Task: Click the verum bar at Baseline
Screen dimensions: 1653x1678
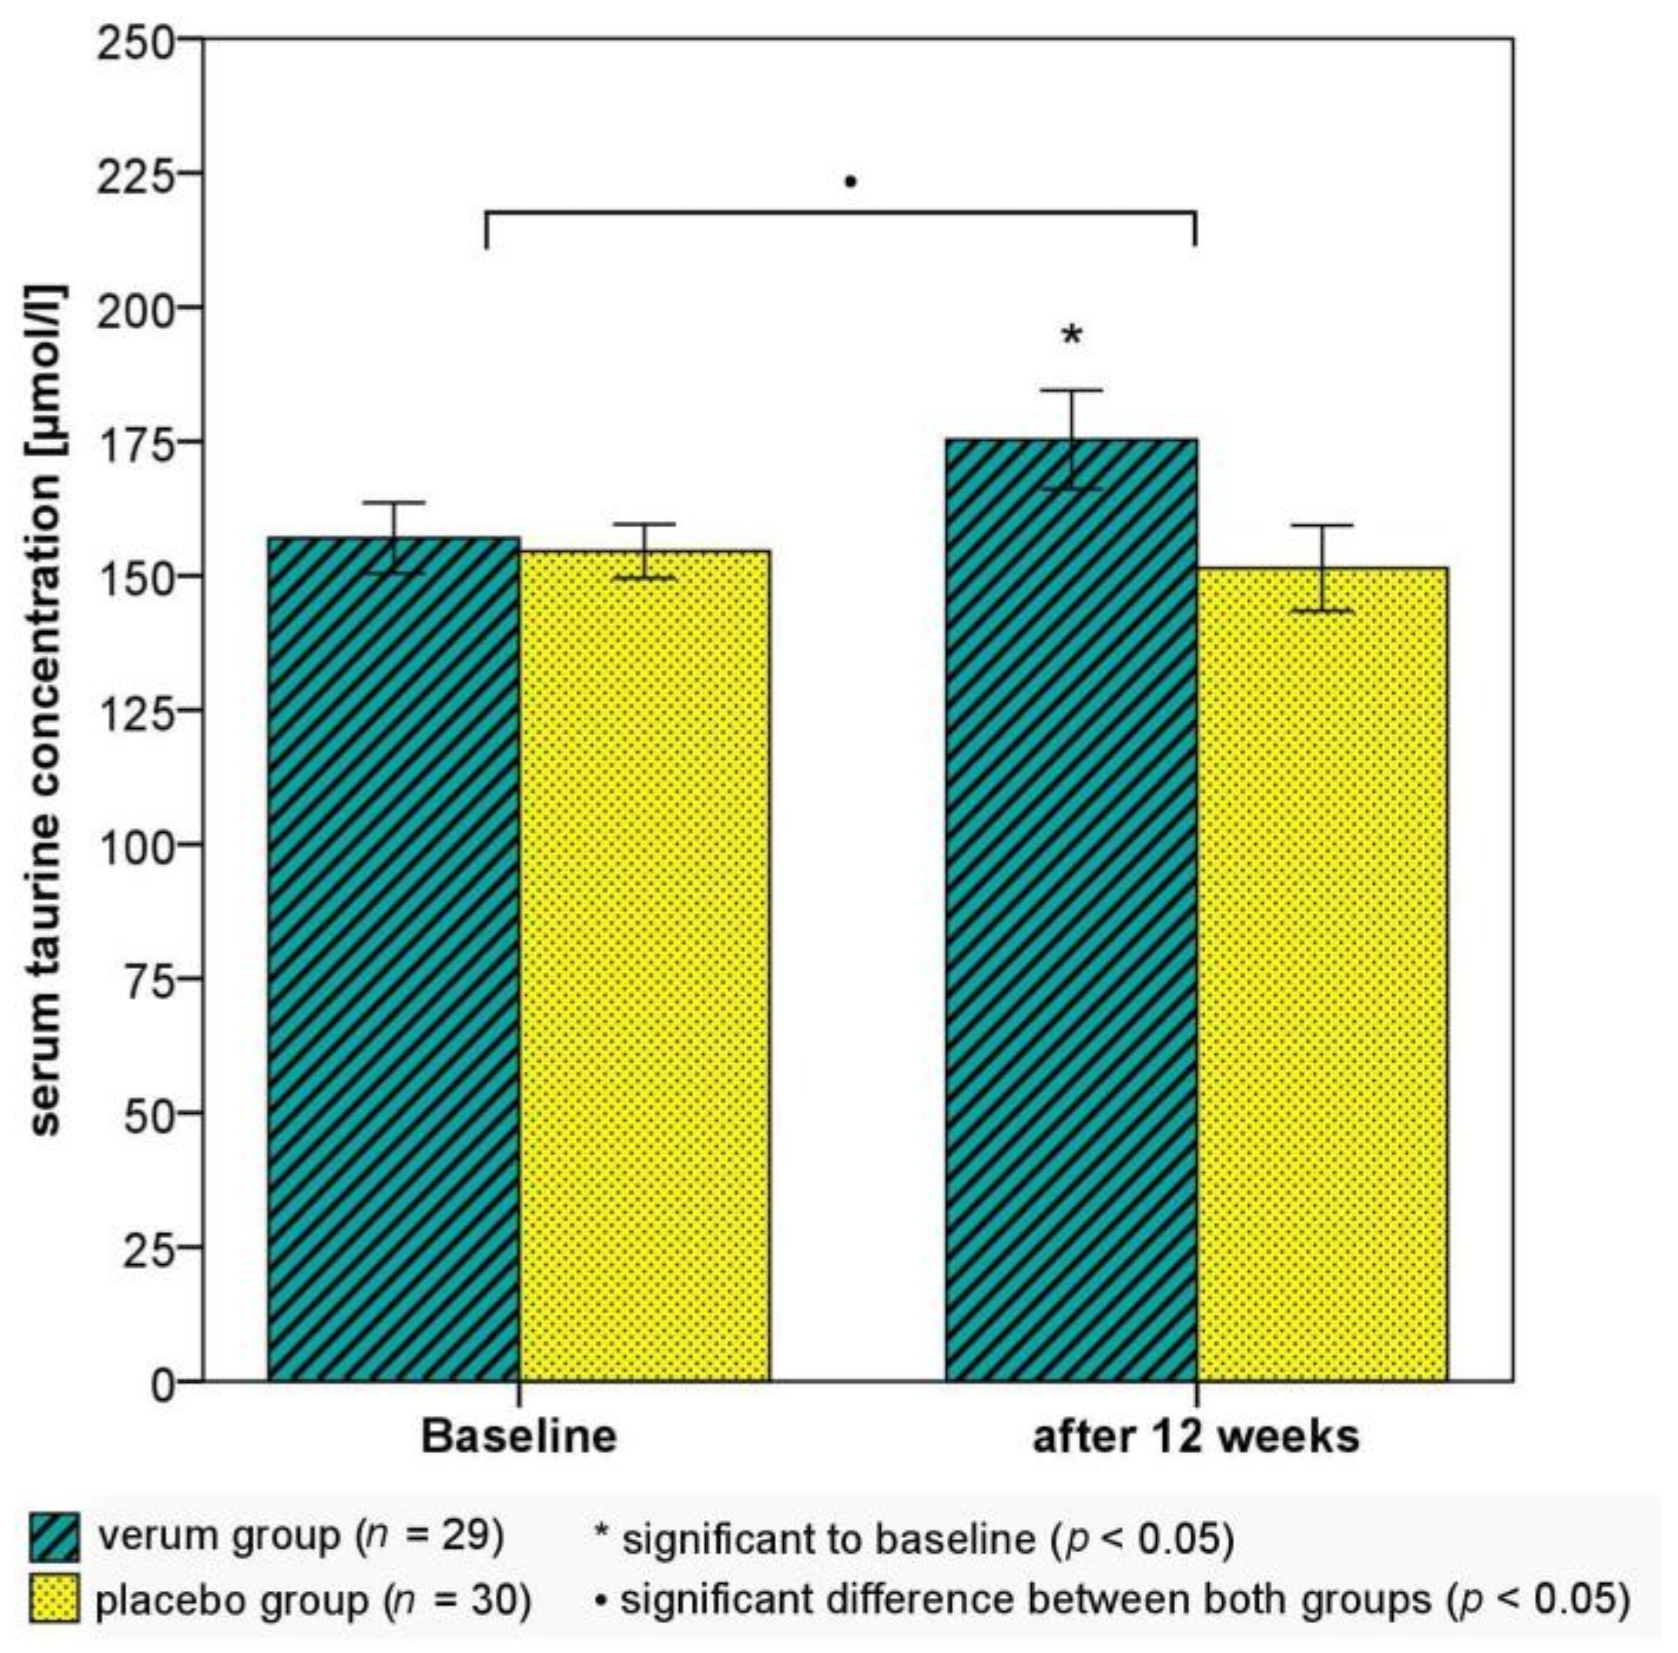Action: tap(393, 955)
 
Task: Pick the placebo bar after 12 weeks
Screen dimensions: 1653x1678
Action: tap(1321, 972)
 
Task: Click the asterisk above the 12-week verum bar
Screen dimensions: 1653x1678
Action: tap(1072, 336)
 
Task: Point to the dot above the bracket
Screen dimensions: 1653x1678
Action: tap(850, 183)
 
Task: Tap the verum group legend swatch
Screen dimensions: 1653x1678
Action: tap(54, 1537)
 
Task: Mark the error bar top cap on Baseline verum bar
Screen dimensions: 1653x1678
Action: tap(394, 503)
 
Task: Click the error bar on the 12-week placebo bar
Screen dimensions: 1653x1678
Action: tap(1321, 568)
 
